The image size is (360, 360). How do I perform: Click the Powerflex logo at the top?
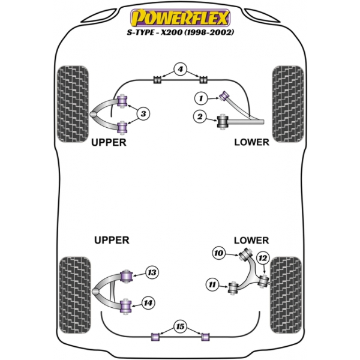click(x=180, y=17)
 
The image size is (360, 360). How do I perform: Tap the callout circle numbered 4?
click(x=180, y=69)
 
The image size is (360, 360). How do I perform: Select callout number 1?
click(x=201, y=98)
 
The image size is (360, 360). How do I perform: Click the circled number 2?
click(x=200, y=116)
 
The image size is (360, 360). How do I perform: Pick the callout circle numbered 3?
click(x=143, y=113)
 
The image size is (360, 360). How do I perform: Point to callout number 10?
click(x=218, y=253)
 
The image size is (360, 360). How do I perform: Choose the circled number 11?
click(x=212, y=284)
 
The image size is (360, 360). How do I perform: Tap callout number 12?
click(x=263, y=258)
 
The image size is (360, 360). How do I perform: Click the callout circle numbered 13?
click(x=152, y=272)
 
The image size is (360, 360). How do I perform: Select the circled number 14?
click(x=148, y=303)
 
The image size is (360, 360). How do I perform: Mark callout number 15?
click(x=180, y=326)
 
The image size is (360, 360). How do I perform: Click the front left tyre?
click(x=73, y=104)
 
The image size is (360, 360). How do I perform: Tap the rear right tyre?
click(x=286, y=295)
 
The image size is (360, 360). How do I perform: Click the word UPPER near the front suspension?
click(x=109, y=142)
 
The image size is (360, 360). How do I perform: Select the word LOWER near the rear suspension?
click(x=251, y=241)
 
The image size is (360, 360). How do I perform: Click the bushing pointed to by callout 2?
click(x=222, y=121)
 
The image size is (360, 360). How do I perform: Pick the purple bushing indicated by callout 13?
click(x=126, y=276)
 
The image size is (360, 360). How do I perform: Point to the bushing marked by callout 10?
click(x=245, y=254)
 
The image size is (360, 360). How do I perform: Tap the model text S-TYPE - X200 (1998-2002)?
click(x=181, y=32)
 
